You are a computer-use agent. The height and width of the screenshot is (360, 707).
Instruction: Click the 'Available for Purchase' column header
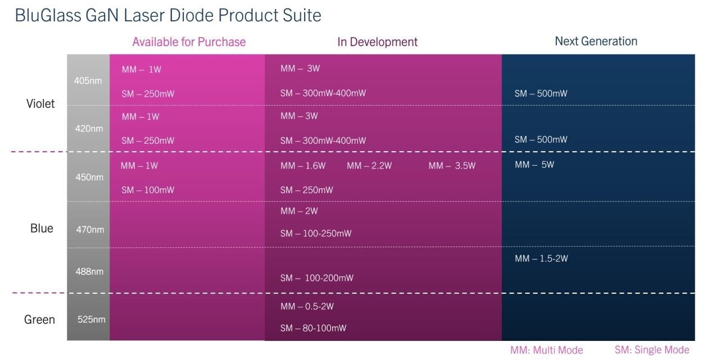(x=189, y=42)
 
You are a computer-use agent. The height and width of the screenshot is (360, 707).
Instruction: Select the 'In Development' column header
(x=377, y=42)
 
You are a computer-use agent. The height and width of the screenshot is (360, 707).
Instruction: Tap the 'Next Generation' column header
(x=596, y=42)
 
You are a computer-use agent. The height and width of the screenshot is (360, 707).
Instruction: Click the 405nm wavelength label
(x=88, y=81)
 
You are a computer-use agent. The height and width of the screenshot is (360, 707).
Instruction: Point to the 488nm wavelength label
(x=89, y=271)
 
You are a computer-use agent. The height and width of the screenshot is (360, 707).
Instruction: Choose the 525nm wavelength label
(x=91, y=320)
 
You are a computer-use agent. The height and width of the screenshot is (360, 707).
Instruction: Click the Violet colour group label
(x=40, y=103)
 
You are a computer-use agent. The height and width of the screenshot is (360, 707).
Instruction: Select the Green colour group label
(x=39, y=320)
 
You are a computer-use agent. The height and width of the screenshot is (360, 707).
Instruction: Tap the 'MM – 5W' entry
(x=534, y=165)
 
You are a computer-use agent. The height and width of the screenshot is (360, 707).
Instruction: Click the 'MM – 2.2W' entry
(x=369, y=166)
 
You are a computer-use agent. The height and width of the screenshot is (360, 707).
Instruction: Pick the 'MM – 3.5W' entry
(x=452, y=166)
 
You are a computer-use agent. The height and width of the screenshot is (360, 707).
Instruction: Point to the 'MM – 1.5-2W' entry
(x=541, y=258)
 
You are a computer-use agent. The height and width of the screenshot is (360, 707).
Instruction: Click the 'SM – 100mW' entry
(x=148, y=190)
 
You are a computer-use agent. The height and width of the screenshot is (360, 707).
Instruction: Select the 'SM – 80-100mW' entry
(x=313, y=328)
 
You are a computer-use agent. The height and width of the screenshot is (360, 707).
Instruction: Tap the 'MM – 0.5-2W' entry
(x=307, y=306)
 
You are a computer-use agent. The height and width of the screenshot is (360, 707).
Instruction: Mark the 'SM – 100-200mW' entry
(x=317, y=278)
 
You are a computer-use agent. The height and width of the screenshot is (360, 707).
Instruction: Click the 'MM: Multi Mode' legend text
(x=547, y=350)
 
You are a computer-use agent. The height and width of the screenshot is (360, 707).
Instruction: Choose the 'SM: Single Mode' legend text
(x=652, y=349)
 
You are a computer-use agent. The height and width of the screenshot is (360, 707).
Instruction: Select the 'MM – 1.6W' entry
(x=303, y=166)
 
